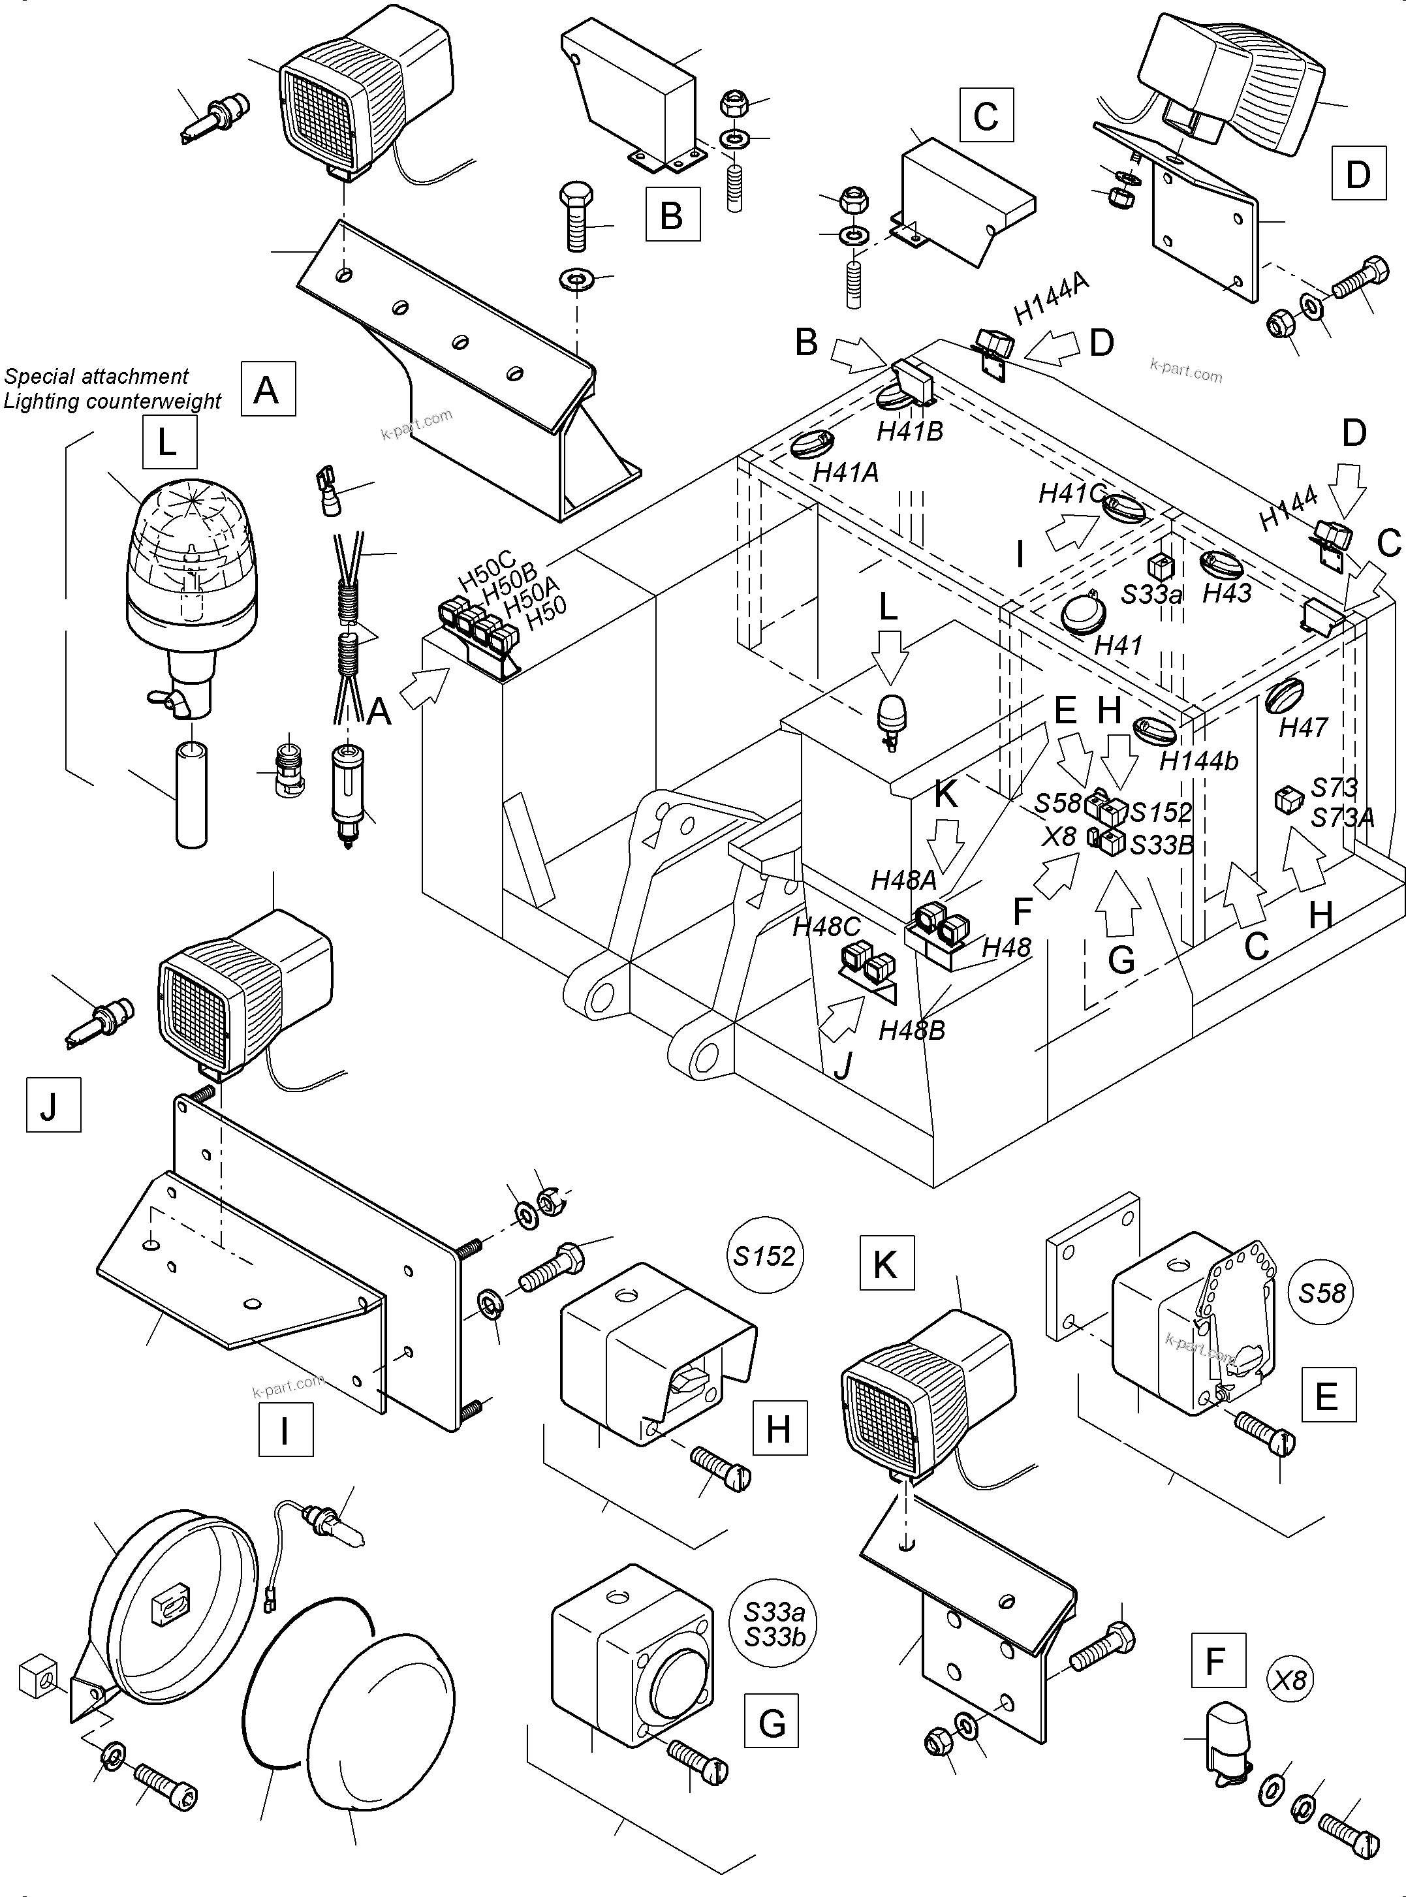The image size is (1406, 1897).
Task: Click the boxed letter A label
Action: (x=267, y=389)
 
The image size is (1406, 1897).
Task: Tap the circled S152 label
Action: (x=765, y=1255)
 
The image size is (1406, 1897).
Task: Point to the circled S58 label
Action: (x=1322, y=1293)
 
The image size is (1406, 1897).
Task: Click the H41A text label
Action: (x=845, y=473)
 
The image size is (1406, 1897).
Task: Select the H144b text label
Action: (x=1198, y=761)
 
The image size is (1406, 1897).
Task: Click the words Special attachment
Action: (x=96, y=376)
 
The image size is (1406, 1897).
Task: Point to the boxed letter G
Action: (x=771, y=1723)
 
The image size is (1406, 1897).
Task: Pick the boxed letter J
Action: (x=53, y=1104)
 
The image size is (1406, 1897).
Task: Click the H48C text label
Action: (x=826, y=927)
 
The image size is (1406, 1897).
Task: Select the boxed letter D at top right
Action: (x=1358, y=174)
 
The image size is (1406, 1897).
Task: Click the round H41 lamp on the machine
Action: (x=1082, y=616)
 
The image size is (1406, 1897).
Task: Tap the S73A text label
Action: (x=1342, y=817)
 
